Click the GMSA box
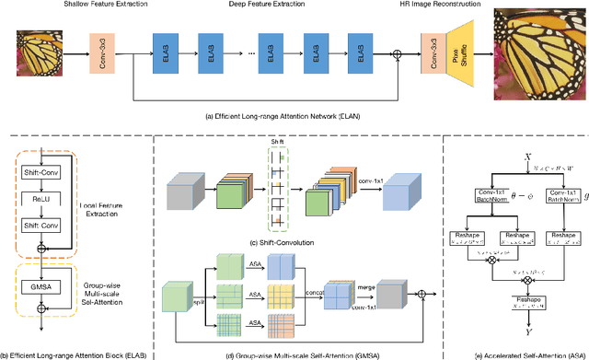pos(40,285)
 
